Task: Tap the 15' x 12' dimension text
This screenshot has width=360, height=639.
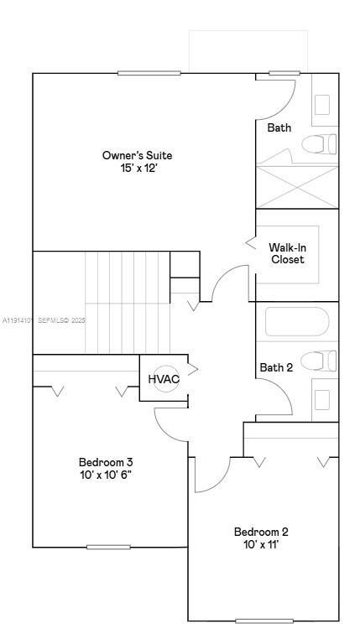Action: click(138, 168)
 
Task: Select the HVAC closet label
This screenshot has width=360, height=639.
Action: click(164, 379)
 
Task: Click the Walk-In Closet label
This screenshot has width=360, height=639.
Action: click(287, 253)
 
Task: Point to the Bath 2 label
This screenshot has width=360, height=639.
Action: click(276, 367)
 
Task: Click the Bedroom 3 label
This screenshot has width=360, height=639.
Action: click(106, 462)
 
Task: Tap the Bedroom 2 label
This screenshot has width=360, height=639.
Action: click(261, 532)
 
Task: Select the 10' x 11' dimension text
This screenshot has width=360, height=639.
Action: click(261, 545)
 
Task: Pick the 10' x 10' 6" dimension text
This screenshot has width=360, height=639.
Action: click(106, 475)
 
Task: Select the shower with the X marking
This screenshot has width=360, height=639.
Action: click(297, 186)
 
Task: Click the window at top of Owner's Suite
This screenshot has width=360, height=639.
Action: click(149, 73)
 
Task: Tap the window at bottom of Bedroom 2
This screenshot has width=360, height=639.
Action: click(263, 621)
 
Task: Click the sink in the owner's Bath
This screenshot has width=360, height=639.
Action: click(323, 104)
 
